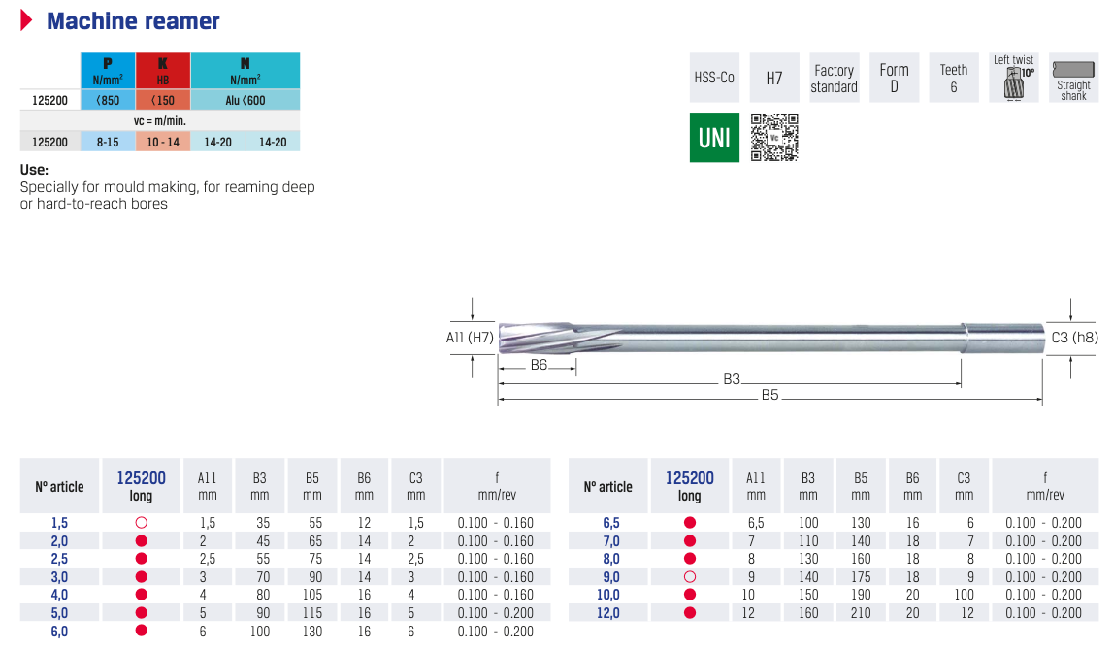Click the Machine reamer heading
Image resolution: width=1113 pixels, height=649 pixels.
click(x=133, y=21)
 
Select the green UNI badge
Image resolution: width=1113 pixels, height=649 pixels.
click(x=714, y=138)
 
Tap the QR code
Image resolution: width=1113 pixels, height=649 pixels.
click(x=774, y=138)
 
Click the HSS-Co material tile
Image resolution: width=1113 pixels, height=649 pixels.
click(x=714, y=78)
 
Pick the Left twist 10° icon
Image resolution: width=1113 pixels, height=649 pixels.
click(x=1014, y=78)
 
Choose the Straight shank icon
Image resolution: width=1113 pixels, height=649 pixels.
click(x=1073, y=78)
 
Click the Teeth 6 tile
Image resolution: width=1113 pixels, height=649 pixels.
click(x=953, y=78)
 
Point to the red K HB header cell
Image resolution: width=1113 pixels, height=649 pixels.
click(x=163, y=70)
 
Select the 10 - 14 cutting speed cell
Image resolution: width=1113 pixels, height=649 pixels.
click(x=163, y=142)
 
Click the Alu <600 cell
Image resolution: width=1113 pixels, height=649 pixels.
click(x=245, y=100)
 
